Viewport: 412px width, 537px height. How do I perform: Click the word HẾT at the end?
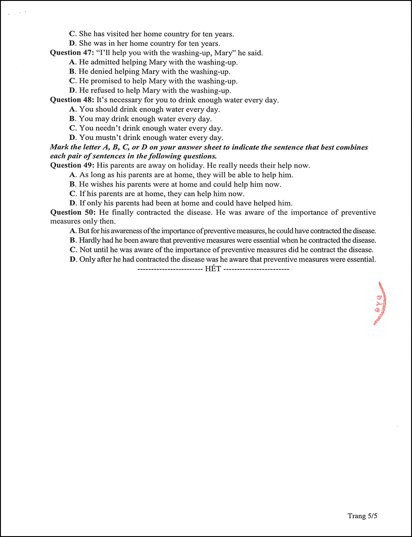tap(213, 269)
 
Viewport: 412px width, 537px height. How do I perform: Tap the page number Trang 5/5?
tap(363, 516)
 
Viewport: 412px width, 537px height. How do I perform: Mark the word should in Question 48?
tap(105, 109)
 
